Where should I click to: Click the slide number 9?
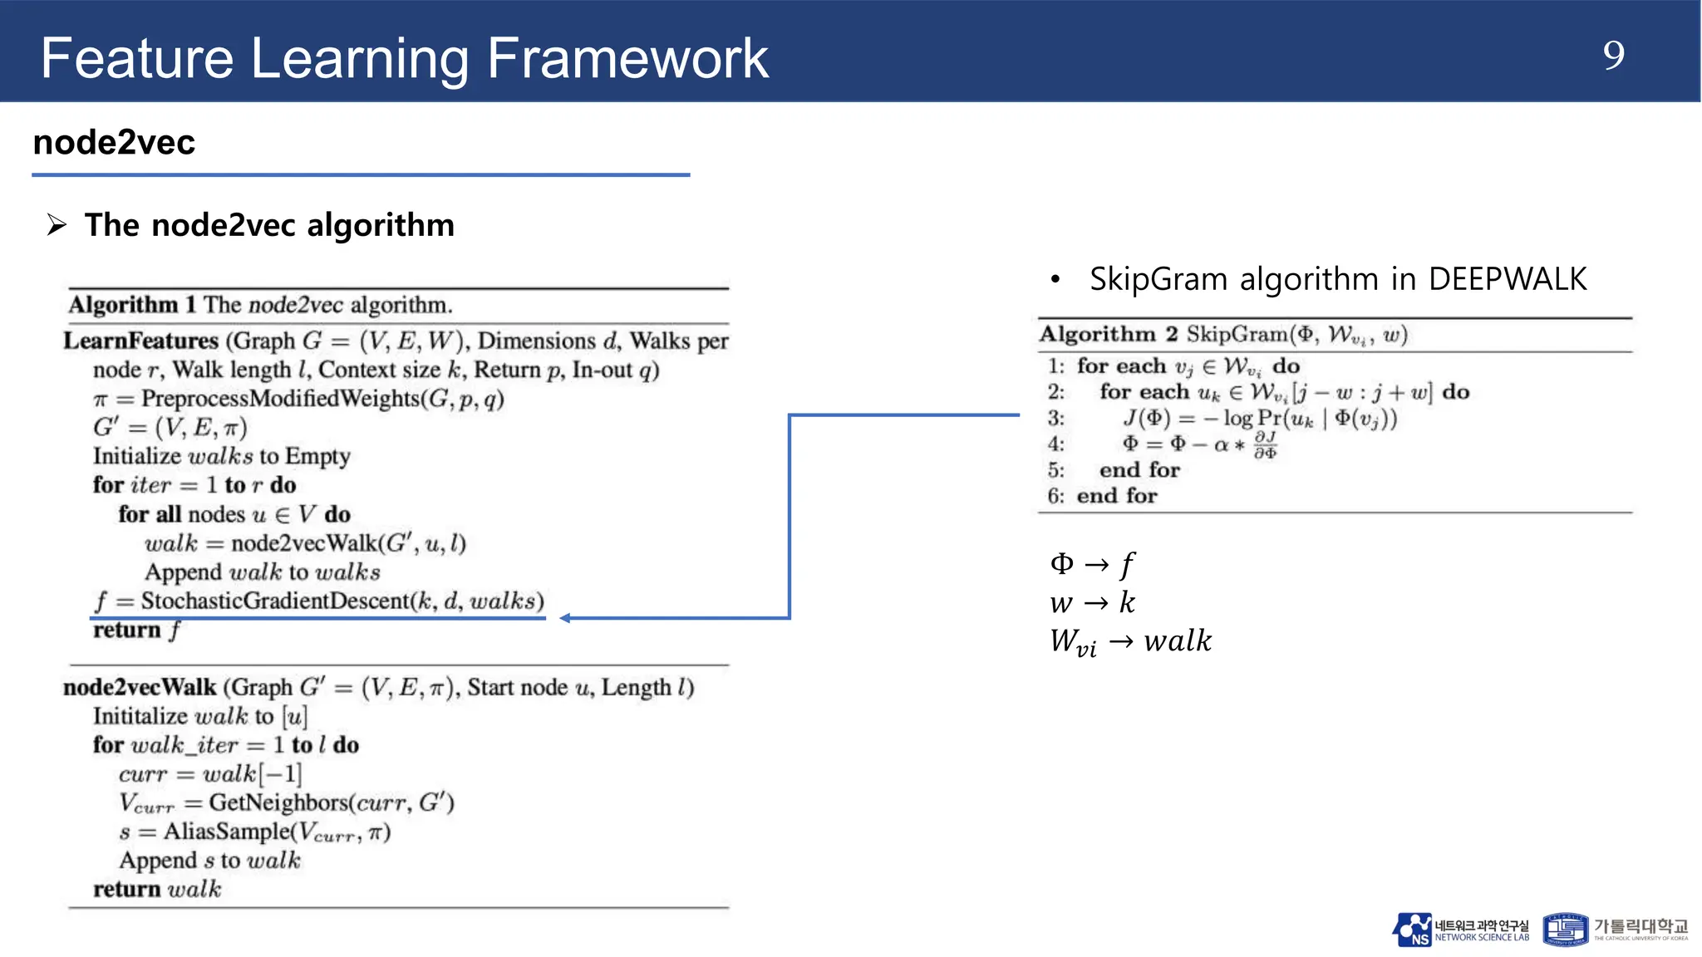coord(1613,56)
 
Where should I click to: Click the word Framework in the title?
coord(627,58)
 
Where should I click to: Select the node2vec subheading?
coord(114,142)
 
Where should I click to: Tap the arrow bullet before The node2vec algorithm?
coord(57,224)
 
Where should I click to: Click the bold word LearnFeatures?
coord(140,341)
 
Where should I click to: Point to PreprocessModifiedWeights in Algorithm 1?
coord(281,399)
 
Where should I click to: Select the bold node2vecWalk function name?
coord(140,687)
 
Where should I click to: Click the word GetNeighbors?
coord(278,802)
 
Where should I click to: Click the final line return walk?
coord(157,889)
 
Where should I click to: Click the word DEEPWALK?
coord(1507,279)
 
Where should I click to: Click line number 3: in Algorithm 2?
coord(1055,418)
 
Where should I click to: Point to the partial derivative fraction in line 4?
coord(1265,444)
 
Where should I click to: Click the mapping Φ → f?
coord(1091,564)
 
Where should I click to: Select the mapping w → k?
coord(1091,602)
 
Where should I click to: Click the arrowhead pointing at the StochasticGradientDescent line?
coord(565,617)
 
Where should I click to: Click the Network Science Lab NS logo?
coord(1413,930)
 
